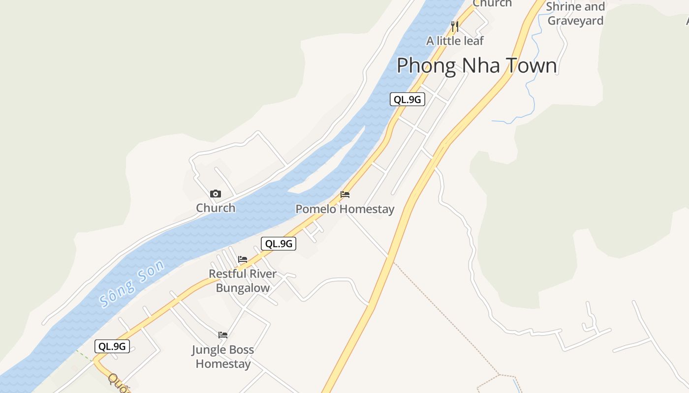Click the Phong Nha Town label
(x=476, y=66)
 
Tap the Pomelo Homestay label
(x=344, y=209)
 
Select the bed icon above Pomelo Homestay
(x=345, y=195)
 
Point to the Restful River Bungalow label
(x=243, y=281)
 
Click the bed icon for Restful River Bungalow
(x=243, y=259)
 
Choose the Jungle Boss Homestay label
(x=223, y=357)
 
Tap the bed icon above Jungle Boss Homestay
(x=223, y=335)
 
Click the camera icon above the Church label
(x=216, y=194)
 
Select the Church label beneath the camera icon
(x=216, y=208)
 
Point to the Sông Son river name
(x=131, y=284)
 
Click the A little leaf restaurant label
(x=455, y=41)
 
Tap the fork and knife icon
(x=455, y=26)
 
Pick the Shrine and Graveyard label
(x=575, y=14)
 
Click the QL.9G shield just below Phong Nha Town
(x=407, y=99)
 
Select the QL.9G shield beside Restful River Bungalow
(x=279, y=243)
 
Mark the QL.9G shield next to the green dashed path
(x=112, y=346)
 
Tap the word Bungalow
(x=243, y=288)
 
